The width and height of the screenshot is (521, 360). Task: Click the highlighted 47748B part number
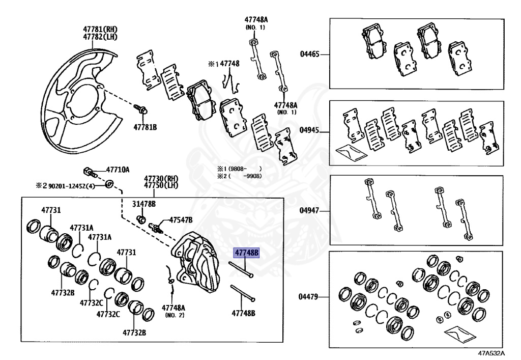[246, 253]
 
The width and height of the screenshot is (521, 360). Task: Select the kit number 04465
[309, 53]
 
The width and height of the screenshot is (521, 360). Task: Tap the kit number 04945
[309, 130]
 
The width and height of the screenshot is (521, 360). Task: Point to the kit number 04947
[309, 210]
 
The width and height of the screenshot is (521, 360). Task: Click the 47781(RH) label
[100, 29]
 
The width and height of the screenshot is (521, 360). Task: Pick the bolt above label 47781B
[142, 109]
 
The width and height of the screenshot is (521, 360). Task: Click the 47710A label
[118, 170]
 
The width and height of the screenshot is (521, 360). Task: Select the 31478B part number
[144, 204]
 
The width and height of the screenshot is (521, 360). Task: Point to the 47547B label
[181, 219]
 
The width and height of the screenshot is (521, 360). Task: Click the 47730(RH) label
[161, 178]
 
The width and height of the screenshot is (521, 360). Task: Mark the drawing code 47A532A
[491, 353]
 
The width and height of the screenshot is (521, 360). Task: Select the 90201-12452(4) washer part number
[71, 186]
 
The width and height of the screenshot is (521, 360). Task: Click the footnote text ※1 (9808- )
[238, 169]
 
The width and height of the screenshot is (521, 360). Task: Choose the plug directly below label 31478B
[142, 219]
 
